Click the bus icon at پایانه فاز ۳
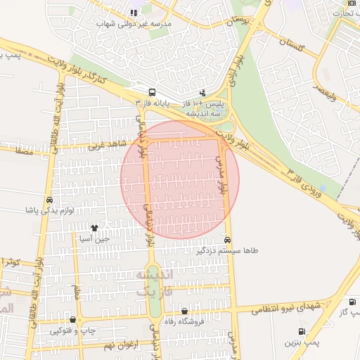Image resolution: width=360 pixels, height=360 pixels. pyautogui.click(x=152, y=92)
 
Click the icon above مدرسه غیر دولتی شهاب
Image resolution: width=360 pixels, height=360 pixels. pyautogui.click(x=133, y=13)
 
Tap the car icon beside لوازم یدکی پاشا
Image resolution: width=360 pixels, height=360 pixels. pyautogui.click(x=49, y=200)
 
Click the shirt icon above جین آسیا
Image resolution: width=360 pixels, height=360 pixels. pyautogui.click(x=95, y=229)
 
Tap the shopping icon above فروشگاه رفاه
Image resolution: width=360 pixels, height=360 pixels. pyautogui.click(x=184, y=311)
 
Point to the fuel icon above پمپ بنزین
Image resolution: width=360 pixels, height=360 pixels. pyautogui.click(x=302, y=331)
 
